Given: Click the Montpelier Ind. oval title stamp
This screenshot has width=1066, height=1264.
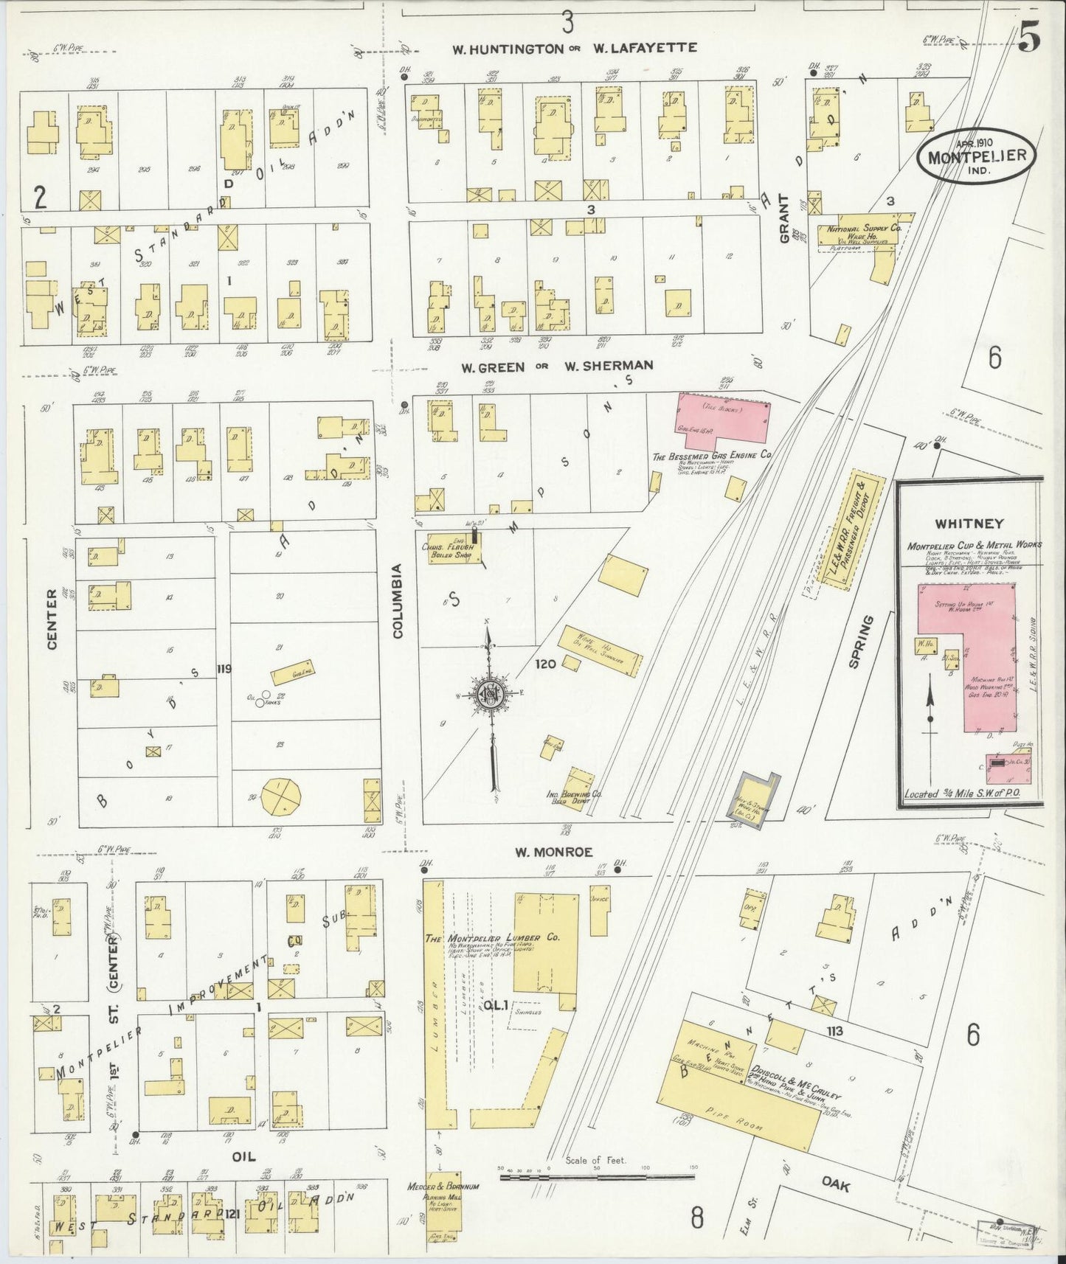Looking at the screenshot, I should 975,156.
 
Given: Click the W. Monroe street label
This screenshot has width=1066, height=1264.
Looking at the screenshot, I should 553,852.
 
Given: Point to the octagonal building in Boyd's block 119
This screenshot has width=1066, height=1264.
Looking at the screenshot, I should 281,796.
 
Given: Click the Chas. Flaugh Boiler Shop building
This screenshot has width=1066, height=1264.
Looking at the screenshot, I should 451,549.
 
